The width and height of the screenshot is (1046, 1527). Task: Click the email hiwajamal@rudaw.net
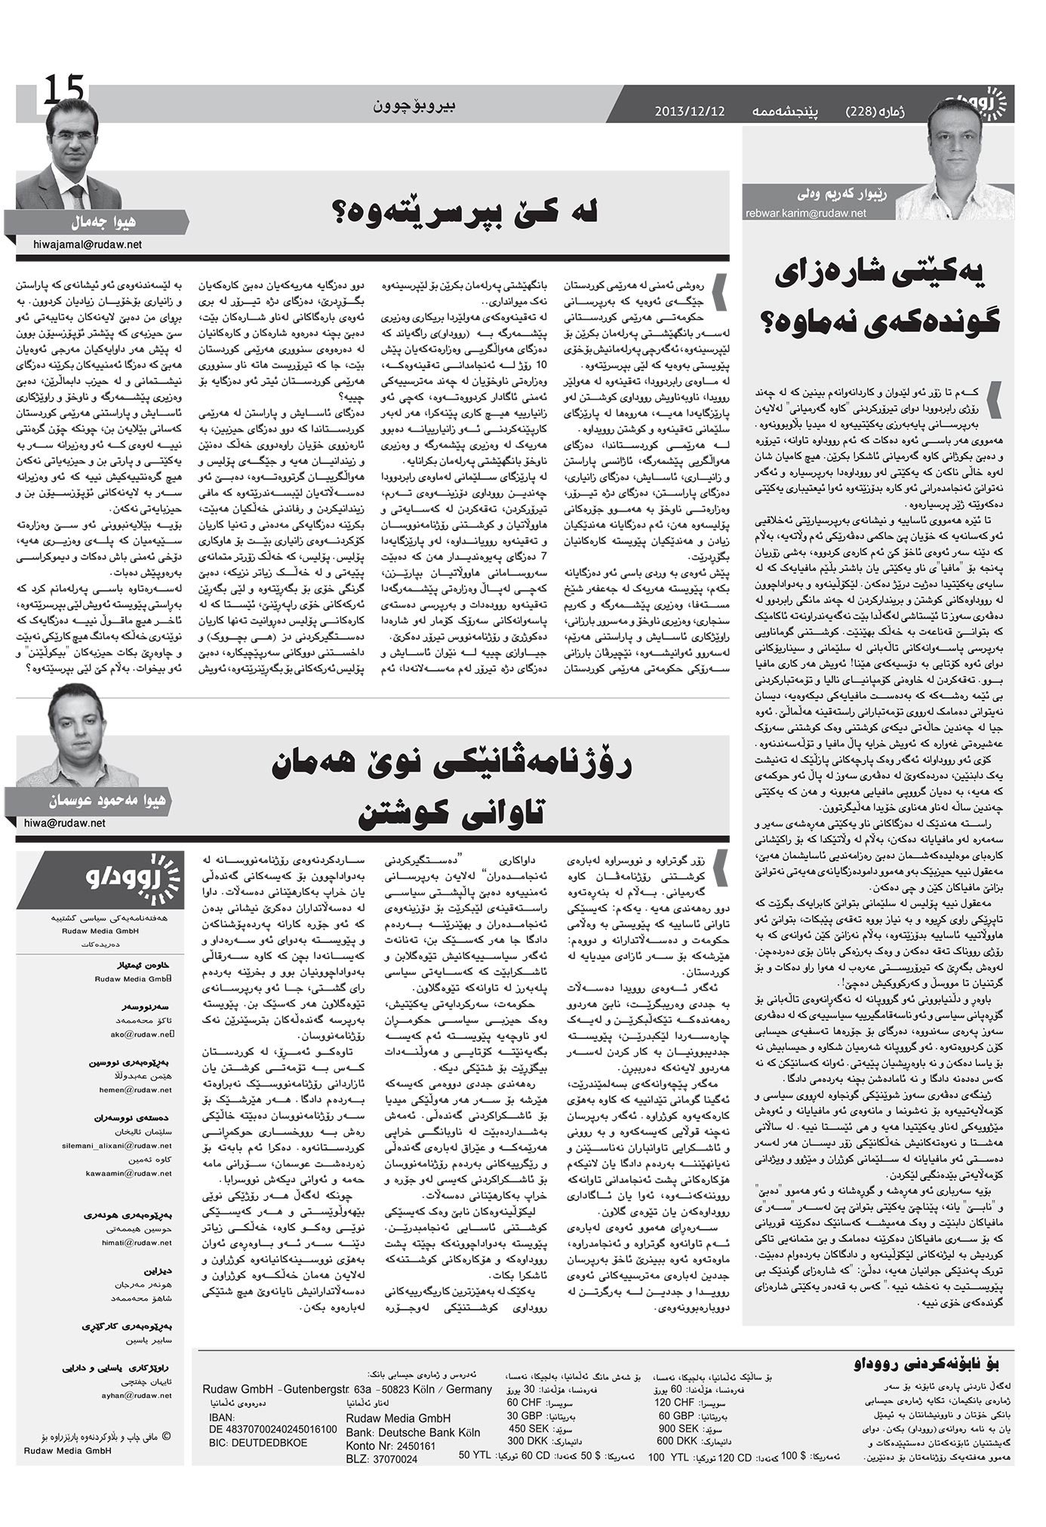click(88, 244)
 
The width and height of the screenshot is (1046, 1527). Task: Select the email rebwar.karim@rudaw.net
click(805, 214)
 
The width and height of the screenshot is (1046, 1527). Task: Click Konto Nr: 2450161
click(389, 1446)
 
